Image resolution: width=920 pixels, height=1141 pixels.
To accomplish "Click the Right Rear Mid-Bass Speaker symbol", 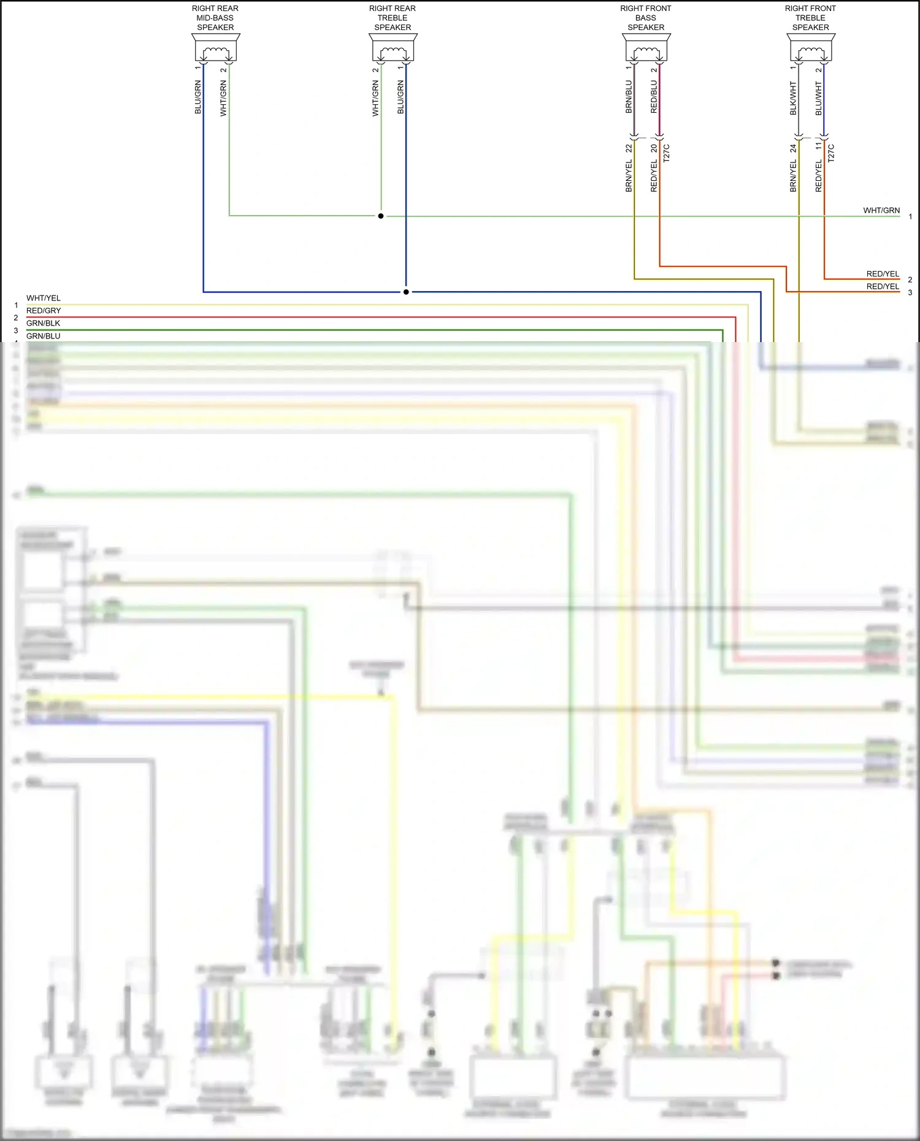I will pos(215,48).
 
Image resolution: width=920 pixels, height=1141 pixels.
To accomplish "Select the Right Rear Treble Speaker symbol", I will pos(393,48).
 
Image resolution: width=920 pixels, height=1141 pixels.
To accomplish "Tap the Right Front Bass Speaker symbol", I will pos(646,48).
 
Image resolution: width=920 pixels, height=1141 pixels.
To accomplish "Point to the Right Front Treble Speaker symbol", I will pos(811,48).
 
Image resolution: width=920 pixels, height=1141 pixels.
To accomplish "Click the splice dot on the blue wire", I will pos(406,292).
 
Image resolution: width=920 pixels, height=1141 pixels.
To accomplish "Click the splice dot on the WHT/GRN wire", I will pos(381,216).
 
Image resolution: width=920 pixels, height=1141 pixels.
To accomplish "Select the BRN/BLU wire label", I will pos(629,97).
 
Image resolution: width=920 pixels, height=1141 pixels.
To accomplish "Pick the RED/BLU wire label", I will pos(654,97).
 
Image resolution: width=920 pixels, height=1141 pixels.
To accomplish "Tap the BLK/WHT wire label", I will pos(793,98).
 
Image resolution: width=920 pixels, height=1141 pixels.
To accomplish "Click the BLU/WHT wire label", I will pos(818,98).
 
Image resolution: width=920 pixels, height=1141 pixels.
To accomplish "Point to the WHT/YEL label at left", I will pos(44,298).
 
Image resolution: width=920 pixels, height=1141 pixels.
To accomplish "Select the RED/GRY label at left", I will pos(44,311).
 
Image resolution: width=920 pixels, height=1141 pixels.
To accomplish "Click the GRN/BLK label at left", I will pos(44,323).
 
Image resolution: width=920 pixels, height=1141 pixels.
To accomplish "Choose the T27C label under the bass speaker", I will pos(667,153).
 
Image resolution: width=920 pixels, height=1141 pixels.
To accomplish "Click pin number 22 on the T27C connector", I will pos(629,148).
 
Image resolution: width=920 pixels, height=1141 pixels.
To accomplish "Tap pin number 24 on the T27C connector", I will pos(793,148).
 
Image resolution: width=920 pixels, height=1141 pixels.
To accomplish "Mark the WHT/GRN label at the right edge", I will pos(881,210).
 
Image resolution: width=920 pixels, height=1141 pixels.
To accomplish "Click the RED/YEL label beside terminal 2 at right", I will pos(883,274).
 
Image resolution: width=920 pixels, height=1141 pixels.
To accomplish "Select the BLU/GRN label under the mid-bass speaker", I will pos(198,97).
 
